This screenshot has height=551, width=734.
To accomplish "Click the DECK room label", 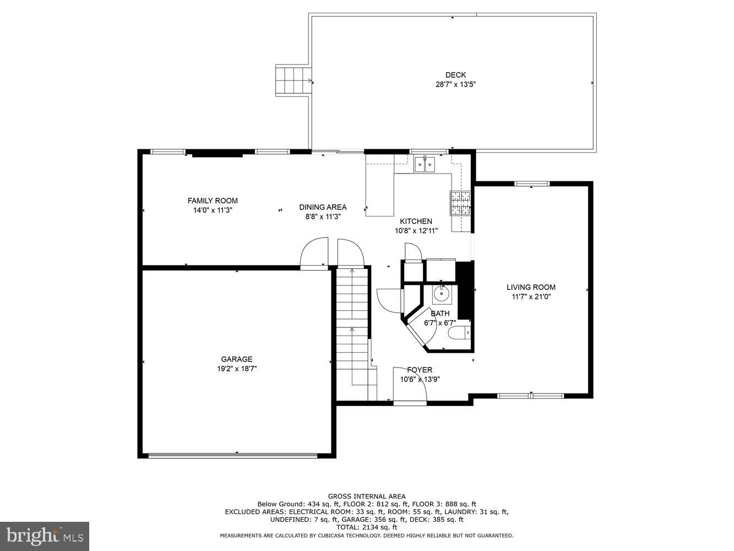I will tap(455, 75).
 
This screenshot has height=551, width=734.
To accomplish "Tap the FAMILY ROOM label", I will tap(213, 201).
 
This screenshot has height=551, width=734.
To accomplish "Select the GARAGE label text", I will tap(237, 359).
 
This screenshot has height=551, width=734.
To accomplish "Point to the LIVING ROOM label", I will tap(531, 287).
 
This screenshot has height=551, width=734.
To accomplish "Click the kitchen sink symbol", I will tap(425, 164).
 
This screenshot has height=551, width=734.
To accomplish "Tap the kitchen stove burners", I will tap(461, 203).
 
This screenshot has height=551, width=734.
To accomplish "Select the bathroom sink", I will tap(441, 294).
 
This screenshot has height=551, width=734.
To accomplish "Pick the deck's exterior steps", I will tap(293, 80).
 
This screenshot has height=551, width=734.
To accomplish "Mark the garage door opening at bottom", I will tap(233, 455).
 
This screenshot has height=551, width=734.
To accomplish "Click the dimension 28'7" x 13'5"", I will tap(455, 85).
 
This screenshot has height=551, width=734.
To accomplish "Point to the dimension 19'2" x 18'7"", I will tap(237, 369).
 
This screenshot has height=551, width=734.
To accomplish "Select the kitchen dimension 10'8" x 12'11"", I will tap(416, 231).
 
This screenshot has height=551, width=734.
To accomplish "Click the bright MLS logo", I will tap(45, 536).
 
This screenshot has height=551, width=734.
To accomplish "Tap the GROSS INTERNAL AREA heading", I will tap(367, 496).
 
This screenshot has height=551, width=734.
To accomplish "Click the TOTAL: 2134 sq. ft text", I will tap(367, 527).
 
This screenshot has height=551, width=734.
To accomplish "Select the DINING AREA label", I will tap(323, 207).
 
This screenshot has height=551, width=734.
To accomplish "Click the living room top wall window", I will tap(532, 183).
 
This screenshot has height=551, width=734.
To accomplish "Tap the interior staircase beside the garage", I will tap(352, 331).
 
